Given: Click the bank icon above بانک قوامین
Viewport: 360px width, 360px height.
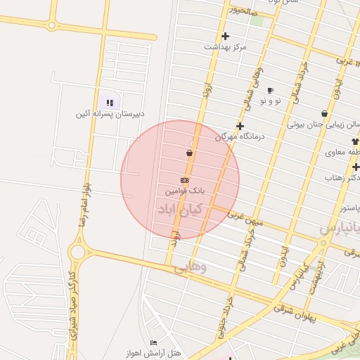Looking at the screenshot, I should tap(184, 181).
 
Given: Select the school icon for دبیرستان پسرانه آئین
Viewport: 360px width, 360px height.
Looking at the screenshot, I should tap(109, 103).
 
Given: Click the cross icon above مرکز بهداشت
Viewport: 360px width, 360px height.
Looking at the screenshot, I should tap(225, 36).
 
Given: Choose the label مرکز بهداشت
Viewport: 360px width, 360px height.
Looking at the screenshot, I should tap(226, 46).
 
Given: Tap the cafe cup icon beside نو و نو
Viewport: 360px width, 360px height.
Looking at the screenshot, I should tap(270, 91).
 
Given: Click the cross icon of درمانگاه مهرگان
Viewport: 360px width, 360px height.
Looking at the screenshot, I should tap(240, 127).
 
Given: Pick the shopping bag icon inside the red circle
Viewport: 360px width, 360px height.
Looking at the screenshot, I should tap(189, 153).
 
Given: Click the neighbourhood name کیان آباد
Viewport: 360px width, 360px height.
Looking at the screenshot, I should tap(181, 209).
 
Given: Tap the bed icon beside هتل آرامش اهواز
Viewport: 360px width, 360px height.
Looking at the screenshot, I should tap(153, 342).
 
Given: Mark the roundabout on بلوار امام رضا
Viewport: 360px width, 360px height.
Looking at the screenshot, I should tap(77, 251).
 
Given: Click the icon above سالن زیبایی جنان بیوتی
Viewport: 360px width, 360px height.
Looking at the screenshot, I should tap(324, 113).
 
